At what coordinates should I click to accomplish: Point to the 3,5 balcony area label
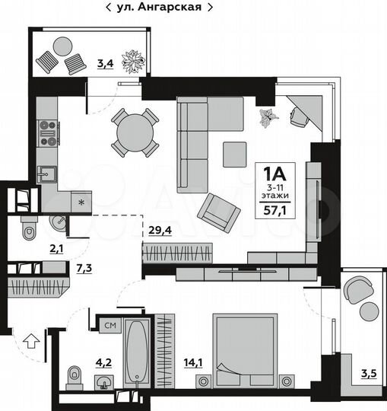click(x=369, y=373)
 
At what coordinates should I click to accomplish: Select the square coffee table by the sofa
click(x=233, y=155)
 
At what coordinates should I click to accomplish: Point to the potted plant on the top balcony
click(x=137, y=61)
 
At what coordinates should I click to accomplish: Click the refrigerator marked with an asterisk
click(x=80, y=201)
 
